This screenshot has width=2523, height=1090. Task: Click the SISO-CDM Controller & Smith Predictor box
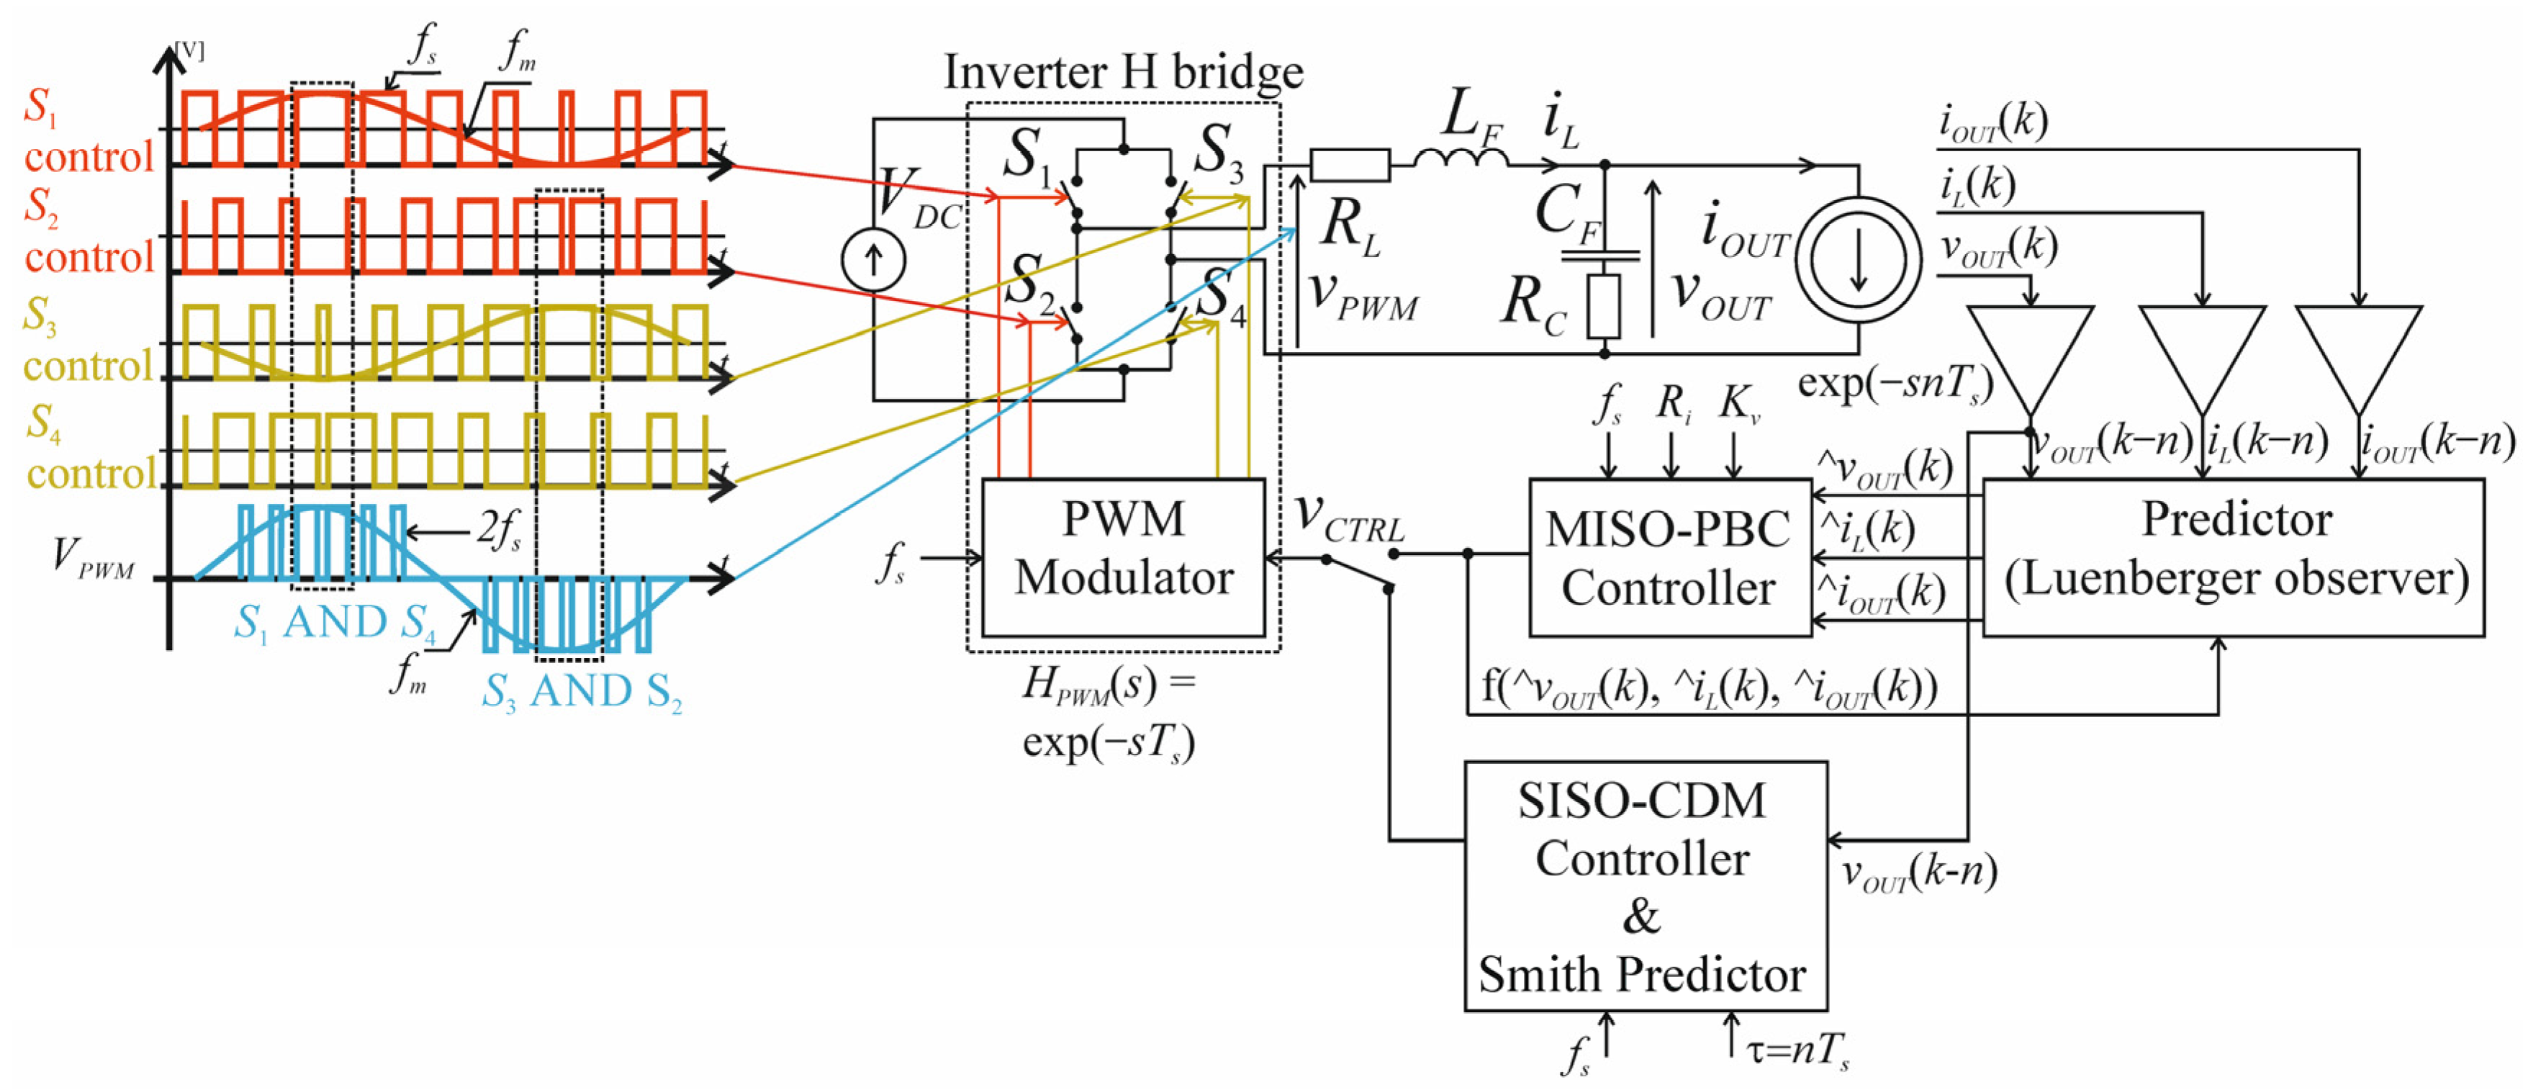click(x=1645, y=886)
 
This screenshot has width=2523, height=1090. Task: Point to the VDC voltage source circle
click(x=872, y=259)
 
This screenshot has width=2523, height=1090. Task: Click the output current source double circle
click(x=1858, y=259)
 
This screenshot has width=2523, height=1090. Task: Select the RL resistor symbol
click(x=1349, y=165)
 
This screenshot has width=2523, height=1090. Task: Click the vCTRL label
click(x=1349, y=516)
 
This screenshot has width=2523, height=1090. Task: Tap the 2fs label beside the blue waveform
click(x=500, y=530)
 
